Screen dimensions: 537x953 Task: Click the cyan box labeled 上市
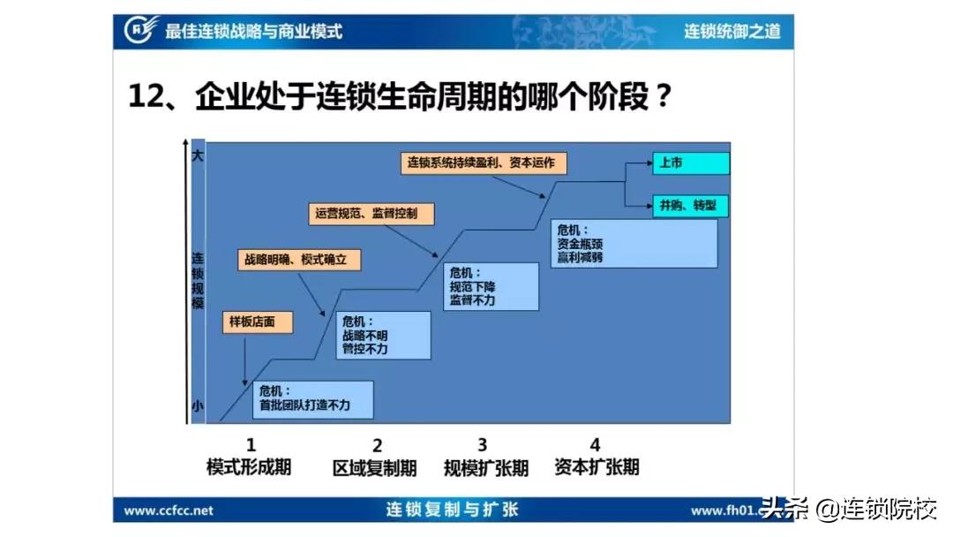point(691,163)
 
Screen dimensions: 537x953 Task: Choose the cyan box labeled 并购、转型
point(691,206)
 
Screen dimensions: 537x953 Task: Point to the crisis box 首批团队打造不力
point(312,399)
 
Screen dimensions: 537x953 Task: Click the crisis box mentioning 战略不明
point(382,336)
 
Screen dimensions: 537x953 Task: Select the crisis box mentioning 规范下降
point(490,286)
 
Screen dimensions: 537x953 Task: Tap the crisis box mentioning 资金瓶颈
point(633,243)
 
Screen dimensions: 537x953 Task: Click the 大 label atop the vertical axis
point(198,155)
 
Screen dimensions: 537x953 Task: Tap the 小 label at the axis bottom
point(198,406)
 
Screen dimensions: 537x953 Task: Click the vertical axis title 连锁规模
point(198,281)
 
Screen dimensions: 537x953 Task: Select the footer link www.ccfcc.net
point(169,511)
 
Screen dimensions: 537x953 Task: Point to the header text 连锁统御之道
point(732,32)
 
